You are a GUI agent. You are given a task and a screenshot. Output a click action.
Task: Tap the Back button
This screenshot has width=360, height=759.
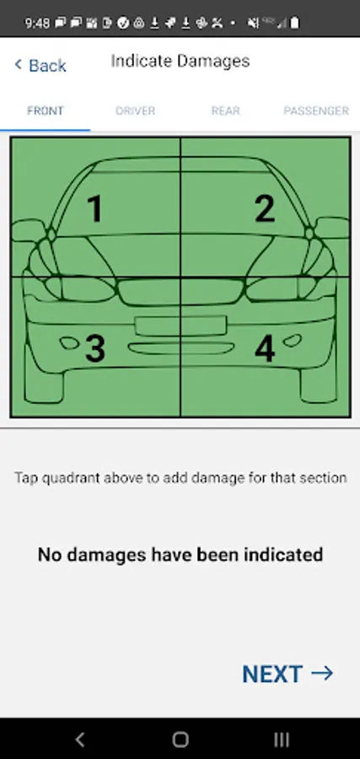click(x=40, y=65)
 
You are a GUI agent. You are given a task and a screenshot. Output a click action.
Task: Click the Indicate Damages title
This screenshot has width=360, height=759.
click(x=180, y=61)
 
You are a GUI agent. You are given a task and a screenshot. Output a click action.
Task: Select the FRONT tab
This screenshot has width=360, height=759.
click(x=45, y=110)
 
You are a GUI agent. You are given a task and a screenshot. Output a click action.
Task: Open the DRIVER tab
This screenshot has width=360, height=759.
click(x=135, y=110)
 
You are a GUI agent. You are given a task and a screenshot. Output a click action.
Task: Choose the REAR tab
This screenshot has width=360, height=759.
click(x=225, y=110)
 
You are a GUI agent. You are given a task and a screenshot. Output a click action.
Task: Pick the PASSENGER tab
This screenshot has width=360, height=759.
click(x=316, y=110)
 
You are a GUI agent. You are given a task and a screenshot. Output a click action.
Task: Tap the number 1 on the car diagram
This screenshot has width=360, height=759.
click(x=95, y=209)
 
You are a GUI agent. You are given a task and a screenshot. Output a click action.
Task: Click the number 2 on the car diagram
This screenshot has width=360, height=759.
click(x=265, y=209)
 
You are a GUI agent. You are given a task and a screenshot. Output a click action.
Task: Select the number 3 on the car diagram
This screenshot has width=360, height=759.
click(x=94, y=348)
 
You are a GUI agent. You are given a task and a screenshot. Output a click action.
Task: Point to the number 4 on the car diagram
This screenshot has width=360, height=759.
click(x=265, y=348)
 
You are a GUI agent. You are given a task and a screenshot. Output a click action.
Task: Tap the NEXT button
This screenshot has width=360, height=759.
click(x=287, y=674)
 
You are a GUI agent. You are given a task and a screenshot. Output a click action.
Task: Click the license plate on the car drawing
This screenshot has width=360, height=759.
click(x=181, y=326)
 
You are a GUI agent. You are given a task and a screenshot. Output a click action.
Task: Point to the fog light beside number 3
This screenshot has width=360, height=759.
click(x=70, y=343)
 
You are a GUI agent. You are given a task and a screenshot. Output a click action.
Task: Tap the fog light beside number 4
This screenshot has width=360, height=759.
click(x=292, y=341)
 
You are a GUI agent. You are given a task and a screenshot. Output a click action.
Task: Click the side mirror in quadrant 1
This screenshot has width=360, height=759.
click(x=28, y=230)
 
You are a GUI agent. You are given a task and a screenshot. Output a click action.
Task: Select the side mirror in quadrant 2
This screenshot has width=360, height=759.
click(x=332, y=228)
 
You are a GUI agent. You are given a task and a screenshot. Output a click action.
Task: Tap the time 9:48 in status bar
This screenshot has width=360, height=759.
click(x=37, y=23)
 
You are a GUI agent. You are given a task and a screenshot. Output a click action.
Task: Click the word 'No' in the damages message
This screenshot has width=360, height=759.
click(x=50, y=554)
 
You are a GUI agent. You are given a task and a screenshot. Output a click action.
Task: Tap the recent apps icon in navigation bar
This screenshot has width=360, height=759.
click(x=281, y=739)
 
